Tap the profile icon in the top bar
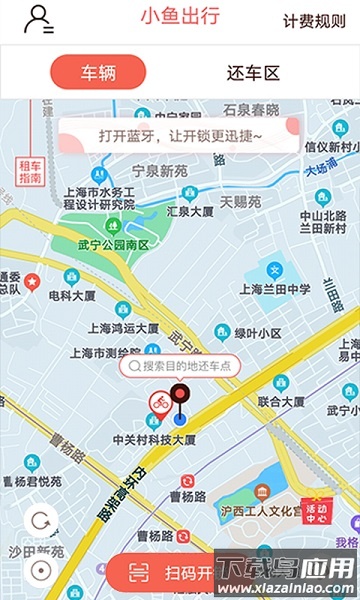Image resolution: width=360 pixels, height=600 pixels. [x=39, y=19]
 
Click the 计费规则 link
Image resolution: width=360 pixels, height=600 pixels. [x=314, y=21]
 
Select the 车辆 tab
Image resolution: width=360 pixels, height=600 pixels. [x=98, y=73]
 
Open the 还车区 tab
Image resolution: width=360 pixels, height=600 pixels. [x=253, y=73]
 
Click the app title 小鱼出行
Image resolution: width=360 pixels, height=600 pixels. [x=180, y=17]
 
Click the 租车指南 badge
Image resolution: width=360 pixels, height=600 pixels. [x=30, y=170]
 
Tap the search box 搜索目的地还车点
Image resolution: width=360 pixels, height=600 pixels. [x=180, y=366]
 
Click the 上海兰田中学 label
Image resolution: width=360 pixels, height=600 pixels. [x=276, y=290]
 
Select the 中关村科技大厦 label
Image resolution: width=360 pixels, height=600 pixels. [x=154, y=439]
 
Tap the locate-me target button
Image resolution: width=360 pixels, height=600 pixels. [x=41, y=569]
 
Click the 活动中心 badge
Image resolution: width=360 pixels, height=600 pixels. [x=316, y=513]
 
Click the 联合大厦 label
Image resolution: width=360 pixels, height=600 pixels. [x=281, y=401]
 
